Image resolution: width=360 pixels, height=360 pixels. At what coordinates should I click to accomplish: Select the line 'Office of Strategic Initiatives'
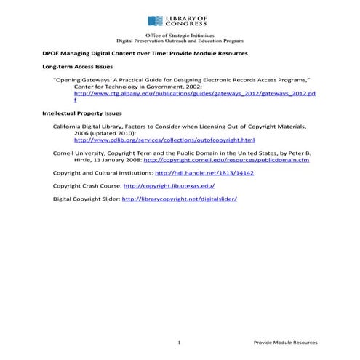(x=179, y=35)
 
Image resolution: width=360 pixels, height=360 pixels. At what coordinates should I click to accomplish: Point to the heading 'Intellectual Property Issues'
(x=82, y=113)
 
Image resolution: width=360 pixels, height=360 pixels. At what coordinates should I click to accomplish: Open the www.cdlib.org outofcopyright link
(x=164, y=140)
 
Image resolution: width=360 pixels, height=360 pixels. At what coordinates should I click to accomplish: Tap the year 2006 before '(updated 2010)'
(x=81, y=133)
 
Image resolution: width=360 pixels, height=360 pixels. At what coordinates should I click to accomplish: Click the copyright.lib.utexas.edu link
(x=174, y=185)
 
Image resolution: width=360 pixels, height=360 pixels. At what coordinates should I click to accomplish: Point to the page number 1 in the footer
(x=179, y=342)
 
